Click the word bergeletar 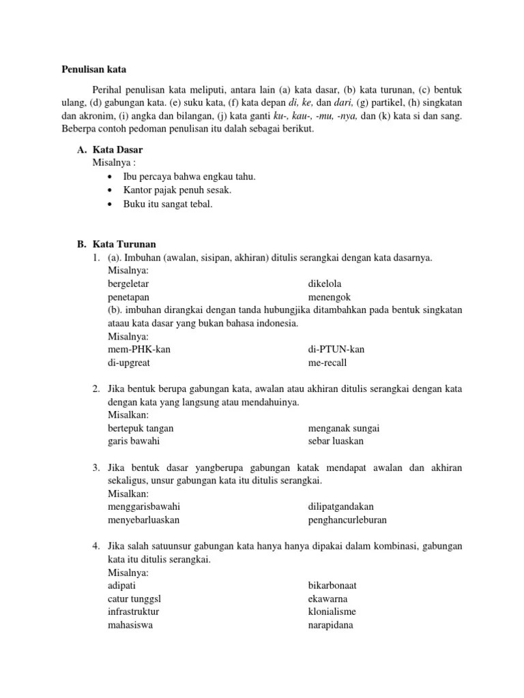point(129,283)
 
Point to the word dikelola point(325,283)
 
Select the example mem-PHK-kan point(139,349)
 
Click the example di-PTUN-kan point(336,349)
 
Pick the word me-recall point(328,363)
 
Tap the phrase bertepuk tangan point(141,428)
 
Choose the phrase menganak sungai point(344,428)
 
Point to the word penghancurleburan point(347,520)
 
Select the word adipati point(123,586)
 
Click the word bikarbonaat point(332,586)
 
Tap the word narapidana point(330,625)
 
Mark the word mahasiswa point(130,625)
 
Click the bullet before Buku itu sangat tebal point(110,204)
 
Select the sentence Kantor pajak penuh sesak point(177,190)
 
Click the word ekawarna point(327,598)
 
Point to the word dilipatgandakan point(340,506)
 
